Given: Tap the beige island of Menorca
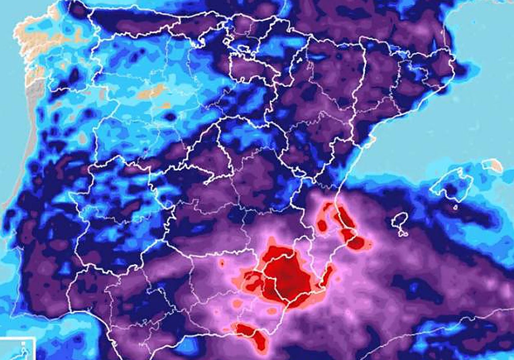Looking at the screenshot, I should tap(492, 165).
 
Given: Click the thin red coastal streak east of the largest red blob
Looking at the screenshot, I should tap(328, 274).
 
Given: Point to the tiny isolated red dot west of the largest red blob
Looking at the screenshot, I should tap(222, 262).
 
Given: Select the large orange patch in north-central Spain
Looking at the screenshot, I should tap(152, 91).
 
